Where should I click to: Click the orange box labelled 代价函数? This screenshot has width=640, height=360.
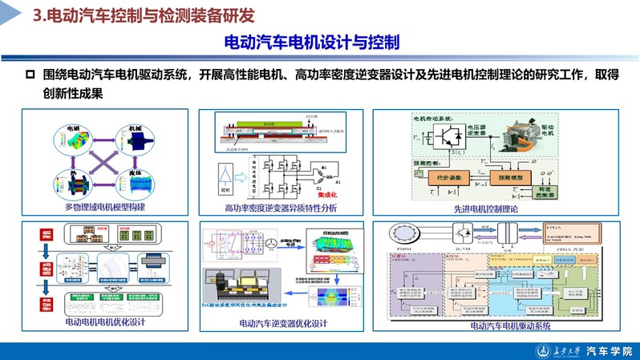point(449,174)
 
